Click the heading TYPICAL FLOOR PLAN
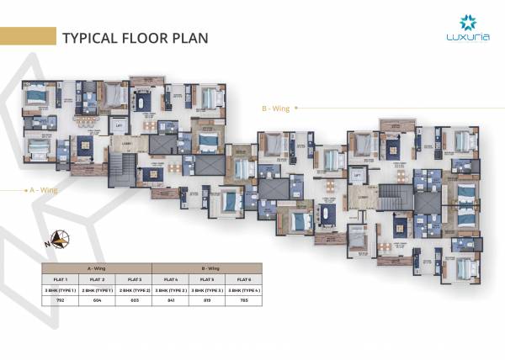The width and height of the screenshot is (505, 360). pos(135,38)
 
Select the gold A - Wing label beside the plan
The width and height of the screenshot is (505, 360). pos(43,189)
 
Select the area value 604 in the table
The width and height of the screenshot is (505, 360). pos(98,299)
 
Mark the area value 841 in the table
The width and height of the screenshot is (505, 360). pos(170,299)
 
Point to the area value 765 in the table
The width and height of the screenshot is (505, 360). pos(243,299)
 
